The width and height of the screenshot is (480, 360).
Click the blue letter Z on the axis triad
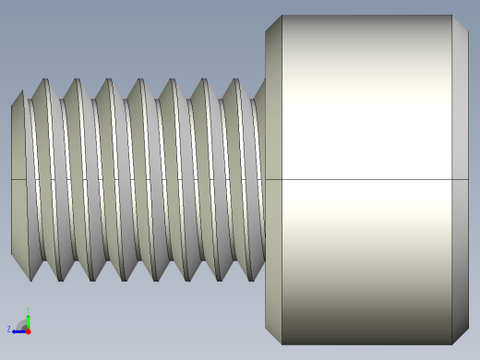pyautogui.click(x=9, y=329)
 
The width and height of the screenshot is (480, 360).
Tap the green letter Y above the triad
pyautogui.click(x=29, y=310)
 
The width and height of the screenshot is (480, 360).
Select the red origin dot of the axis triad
pyautogui.click(x=29, y=330)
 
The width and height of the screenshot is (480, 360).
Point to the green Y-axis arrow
pyautogui.click(x=29, y=320)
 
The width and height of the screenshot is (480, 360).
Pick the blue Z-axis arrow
pyautogui.click(x=18, y=330)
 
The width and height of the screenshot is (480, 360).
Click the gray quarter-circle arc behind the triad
pyautogui.click(x=21, y=323)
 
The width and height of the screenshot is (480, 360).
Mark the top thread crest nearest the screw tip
pyautogui.click(x=43, y=81)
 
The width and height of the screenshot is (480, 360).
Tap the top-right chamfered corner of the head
pyautogui.click(x=460, y=23)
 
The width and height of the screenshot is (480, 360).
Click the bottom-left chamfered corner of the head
pyautogui.click(x=273, y=335)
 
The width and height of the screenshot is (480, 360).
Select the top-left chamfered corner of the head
pyautogui.click(x=273, y=24)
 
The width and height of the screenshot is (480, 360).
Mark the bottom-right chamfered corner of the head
pyautogui.click(x=460, y=335)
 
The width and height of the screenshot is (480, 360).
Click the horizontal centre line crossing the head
pyautogui.click(x=369, y=179)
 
